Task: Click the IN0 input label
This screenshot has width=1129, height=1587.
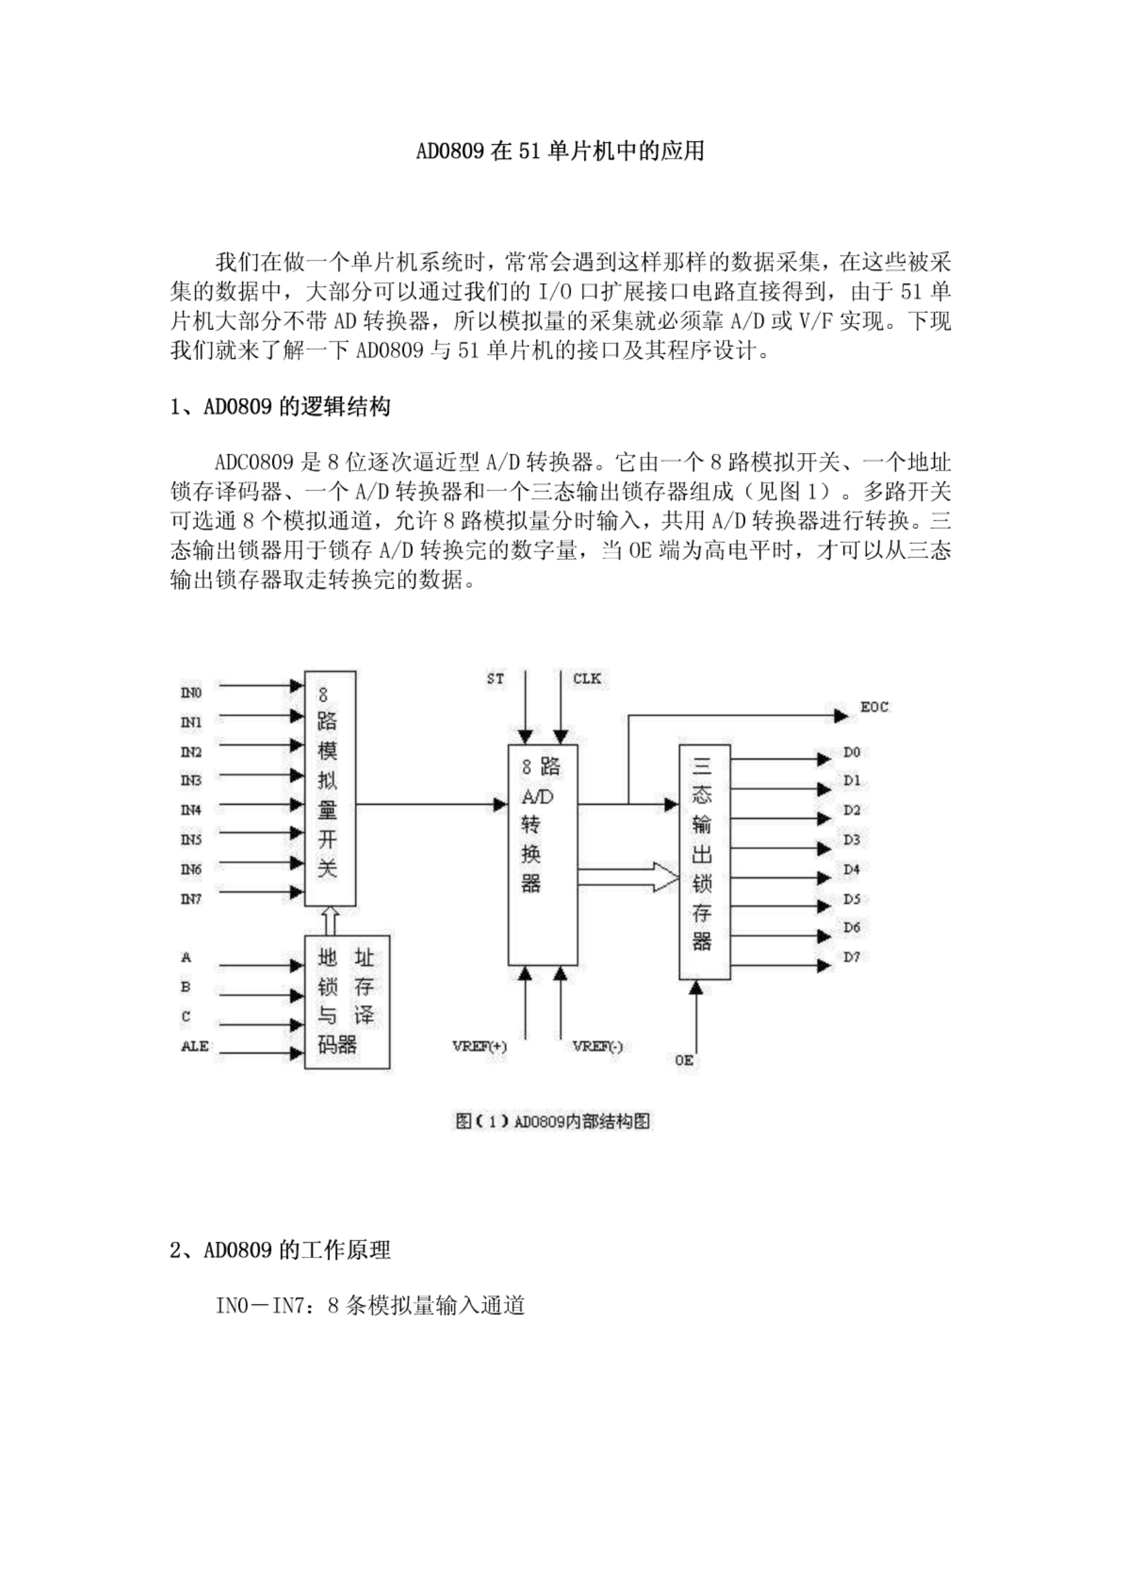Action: coord(191,693)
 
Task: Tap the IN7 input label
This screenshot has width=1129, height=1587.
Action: coord(191,899)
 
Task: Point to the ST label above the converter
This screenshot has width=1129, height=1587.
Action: coord(495,678)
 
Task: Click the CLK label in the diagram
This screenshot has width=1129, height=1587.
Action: coord(588,678)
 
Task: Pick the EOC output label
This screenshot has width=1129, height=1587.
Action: coord(875,708)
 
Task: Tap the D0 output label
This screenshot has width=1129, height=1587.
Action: coord(853,751)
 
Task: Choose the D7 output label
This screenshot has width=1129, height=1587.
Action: coord(853,957)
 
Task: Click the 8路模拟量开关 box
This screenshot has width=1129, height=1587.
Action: coord(330,788)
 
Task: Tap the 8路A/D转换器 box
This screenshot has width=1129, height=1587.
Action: coord(543,856)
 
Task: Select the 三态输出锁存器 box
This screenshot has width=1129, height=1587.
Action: coord(705,861)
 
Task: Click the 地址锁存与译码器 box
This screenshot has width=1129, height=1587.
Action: coord(347,1002)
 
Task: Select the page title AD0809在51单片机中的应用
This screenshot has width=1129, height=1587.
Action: coord(561,151)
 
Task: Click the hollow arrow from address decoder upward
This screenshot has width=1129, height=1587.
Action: coord(331,921)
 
